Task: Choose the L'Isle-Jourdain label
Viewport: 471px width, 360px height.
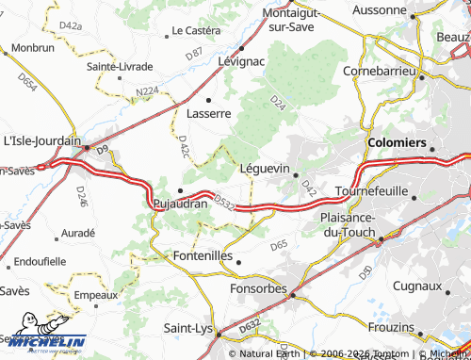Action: pos(42,140)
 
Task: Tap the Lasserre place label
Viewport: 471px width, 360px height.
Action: pos(208,113)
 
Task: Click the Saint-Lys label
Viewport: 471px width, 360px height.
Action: pos(187,328)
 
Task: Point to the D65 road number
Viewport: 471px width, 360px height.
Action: pos(279,245)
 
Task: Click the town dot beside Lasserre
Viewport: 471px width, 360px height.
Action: pos(208,99)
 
